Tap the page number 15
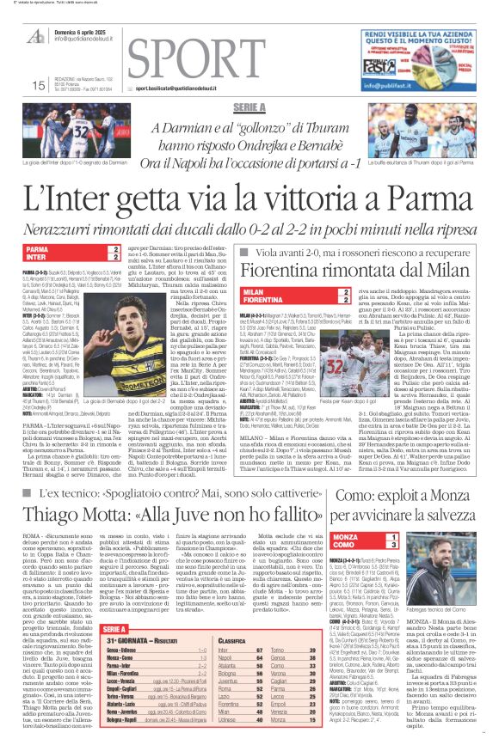pyautogui.click(x=37, y=85)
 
